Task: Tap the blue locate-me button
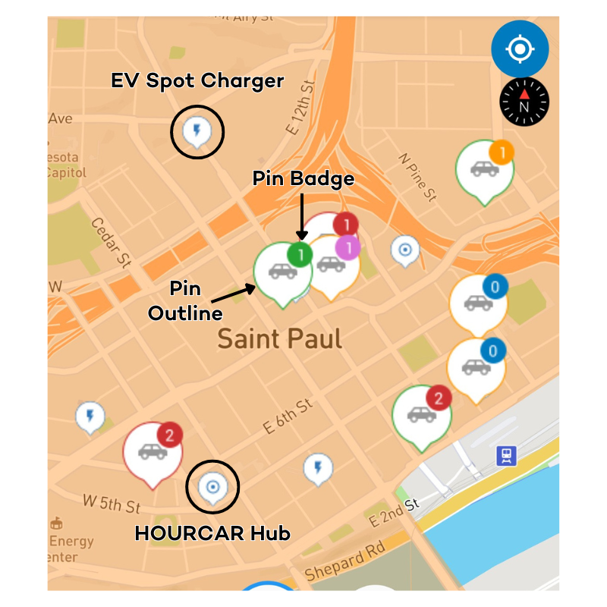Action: pyautogui.click(x=520, y=49)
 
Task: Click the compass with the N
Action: pyautogui.click(x=524, y=102)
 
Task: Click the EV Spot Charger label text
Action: pyautogui.click(x=197, y=81)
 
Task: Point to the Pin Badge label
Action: pyautogui.click(x=303, y=179)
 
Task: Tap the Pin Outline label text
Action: pyautogui.click(x=185, y=301)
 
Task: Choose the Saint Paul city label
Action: pyautogui.click(x=280, y=338)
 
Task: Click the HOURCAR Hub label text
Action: pyautogui.click(x=212, y=533)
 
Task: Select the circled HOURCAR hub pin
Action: pyautogui.click(x=212, y=486)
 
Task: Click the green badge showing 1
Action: pyautogui.click(x=300, y=254)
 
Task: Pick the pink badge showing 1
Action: pyautogui.click(x=348, y=247)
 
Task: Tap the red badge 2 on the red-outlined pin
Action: pyautogui.click(x=170, y=436)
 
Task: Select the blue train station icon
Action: pyautogui.click(x=506, y=455)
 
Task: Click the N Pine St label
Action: pyautogui.click(x=418, y=178)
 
